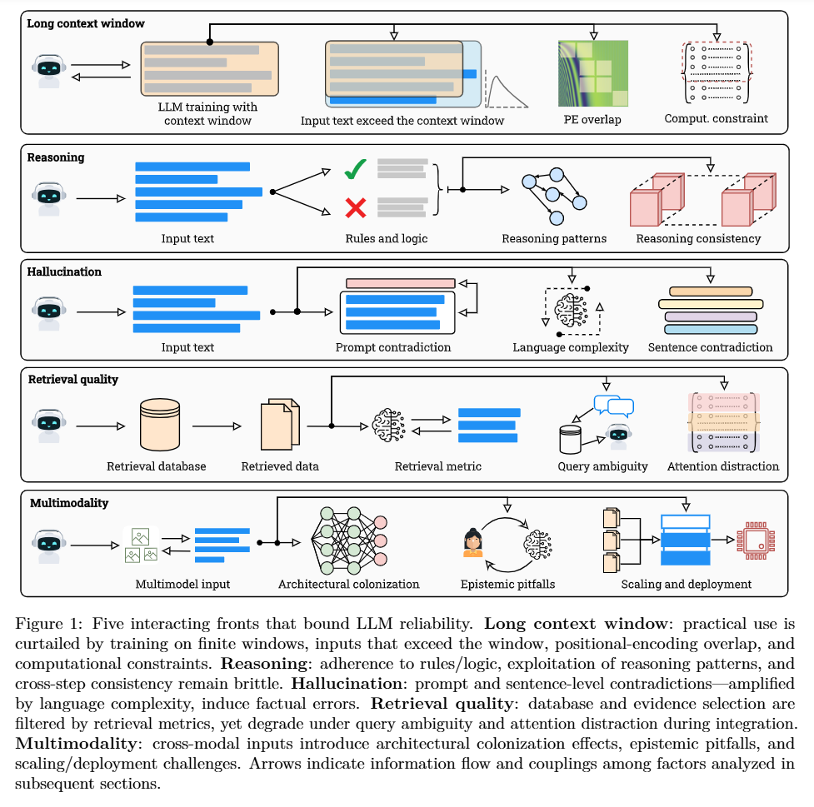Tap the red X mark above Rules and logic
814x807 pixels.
[357, 207]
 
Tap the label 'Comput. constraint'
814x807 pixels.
[716, 118]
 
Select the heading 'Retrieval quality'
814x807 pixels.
[73, 379]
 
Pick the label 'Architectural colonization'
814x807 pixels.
[349, 584]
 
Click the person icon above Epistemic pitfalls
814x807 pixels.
[473, 542]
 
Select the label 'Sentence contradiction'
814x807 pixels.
[710, 346]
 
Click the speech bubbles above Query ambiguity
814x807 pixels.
[614, 407]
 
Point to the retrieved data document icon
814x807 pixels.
[280, 425]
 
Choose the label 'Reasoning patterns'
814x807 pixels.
[554, 238]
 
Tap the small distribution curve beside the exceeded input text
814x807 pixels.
[507, 91]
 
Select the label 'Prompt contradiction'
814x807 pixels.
[393, 346]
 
